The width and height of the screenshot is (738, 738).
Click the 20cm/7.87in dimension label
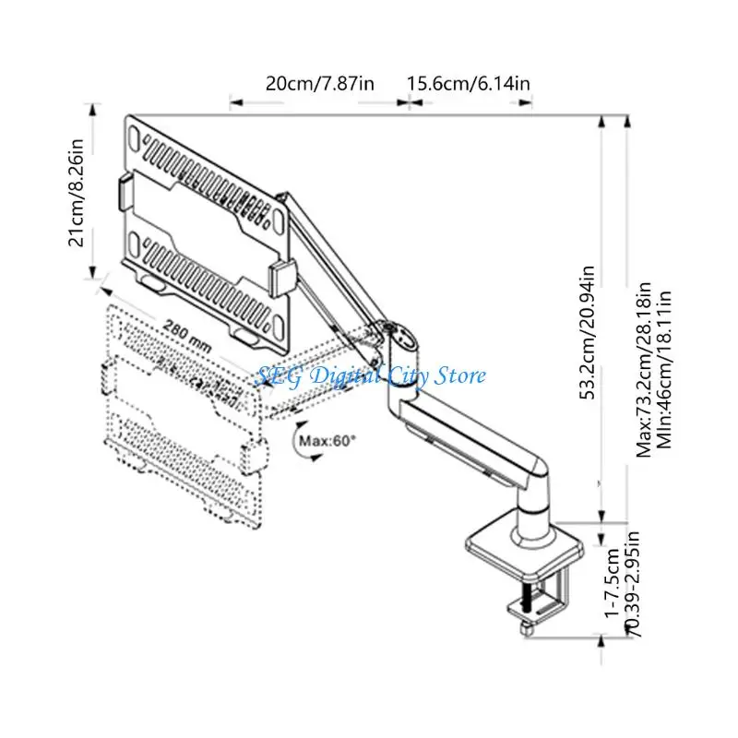(x=319, y=84)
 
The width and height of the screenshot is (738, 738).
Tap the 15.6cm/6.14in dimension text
(x=469, y=84)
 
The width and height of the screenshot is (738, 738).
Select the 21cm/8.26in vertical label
(x=77, y=193)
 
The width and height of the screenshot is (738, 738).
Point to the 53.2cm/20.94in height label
(x=587, y=332)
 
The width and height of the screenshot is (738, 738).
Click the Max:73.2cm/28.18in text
(x=643, y=370)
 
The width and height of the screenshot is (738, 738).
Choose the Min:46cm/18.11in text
(x=663, y=370)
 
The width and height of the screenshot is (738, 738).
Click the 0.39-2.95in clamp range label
(x=632, y=584)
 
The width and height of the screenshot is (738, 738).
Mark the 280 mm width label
(x=187, y=335)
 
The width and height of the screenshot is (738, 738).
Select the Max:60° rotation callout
(x=327, y=441)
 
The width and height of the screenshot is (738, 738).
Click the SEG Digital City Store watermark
(x=370, y=376)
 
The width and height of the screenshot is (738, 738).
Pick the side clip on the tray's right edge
(x=281, y=280)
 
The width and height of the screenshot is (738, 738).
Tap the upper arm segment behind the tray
(x=335, y=257)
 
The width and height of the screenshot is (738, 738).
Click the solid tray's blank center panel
(x=207, y=231)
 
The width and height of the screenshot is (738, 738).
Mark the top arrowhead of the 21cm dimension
(x=93, y=109)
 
